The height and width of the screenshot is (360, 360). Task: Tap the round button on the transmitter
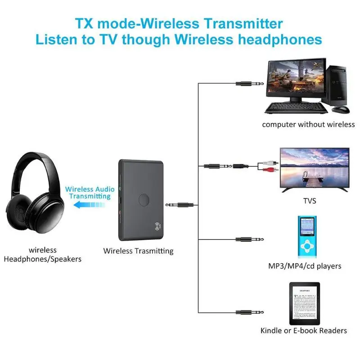tap(144, 199)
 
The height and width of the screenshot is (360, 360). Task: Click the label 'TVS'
tap(310, 201)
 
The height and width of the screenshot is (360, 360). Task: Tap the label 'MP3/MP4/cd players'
tap(305, 266)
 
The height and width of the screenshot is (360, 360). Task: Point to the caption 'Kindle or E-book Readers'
tap(304, 331)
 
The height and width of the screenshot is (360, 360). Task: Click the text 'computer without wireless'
tap(308, 124)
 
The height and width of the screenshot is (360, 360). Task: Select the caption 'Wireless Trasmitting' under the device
tap(138, 251)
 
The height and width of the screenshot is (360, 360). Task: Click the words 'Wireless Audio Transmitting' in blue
tap(88, 193)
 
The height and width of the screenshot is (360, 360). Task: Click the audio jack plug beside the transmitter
tap(182, 205)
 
